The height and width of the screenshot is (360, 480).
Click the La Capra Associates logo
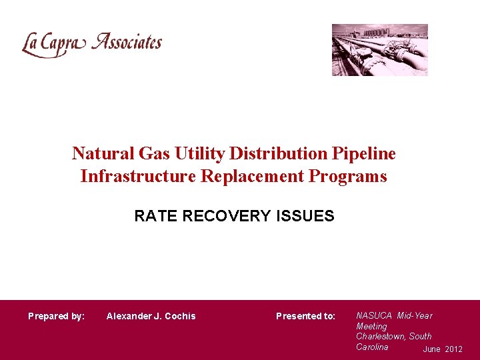click(92, 44)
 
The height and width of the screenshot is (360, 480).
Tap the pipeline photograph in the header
click(380, 50)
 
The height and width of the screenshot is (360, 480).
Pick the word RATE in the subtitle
click(154, 216)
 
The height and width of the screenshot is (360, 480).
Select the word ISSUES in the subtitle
click(309, 216)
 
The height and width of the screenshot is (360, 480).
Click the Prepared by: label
click(56, 316)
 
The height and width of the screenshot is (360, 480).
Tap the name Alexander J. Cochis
click(151, 316)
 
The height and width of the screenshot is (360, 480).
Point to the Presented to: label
click(305, 316)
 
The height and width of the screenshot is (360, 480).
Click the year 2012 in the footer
click(453, 349)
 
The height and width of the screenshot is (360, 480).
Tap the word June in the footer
click(432, 349)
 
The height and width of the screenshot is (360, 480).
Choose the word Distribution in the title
click(280, 154)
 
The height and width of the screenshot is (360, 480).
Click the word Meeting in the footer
click(371, 326)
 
